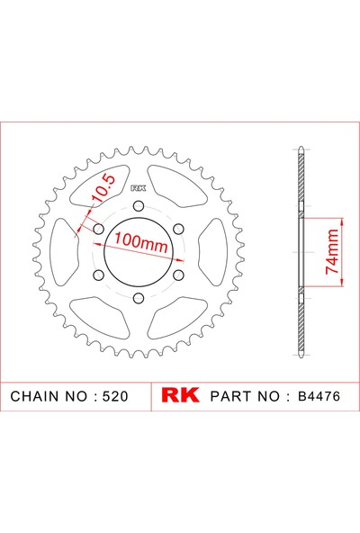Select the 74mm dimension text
tap(332, 252)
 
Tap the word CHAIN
tap(38, 396)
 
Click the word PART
tap(230, 396)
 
